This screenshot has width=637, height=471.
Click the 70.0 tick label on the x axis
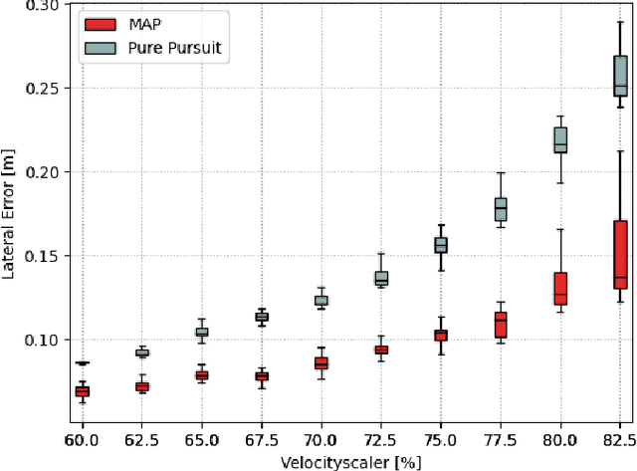tap(320, 439)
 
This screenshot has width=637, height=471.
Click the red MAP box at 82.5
tap(620, 254)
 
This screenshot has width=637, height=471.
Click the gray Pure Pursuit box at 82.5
tap(620, 76)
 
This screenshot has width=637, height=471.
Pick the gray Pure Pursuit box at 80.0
tap(560, 140)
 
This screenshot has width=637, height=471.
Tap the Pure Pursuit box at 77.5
tap(501, 209)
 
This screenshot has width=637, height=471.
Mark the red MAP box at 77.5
tap(501, 325)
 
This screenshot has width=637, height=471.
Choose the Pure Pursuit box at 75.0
tap(441, 245)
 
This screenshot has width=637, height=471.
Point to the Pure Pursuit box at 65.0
tap(202, 332)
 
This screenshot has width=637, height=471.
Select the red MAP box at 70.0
tap(321, 363)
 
